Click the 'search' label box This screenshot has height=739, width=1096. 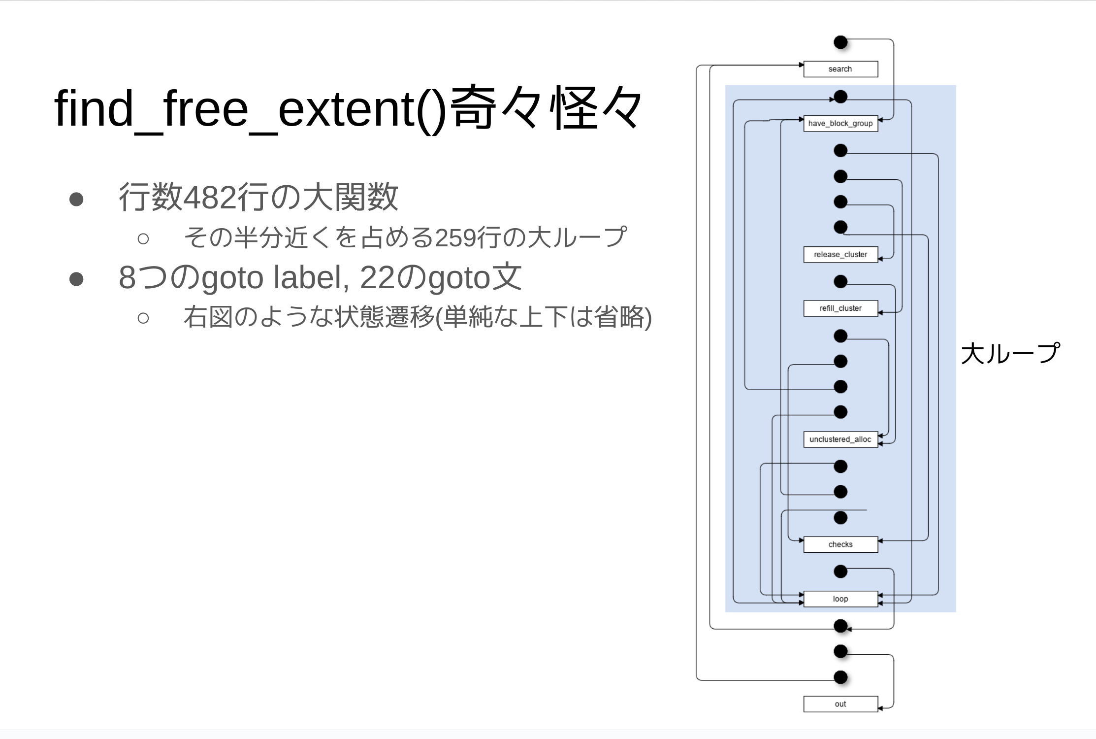tap(840, 69)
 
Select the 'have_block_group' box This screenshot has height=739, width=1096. tap(840, 123)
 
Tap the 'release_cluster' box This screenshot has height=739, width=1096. tap(840, 254)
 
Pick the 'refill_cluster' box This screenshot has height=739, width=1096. tap(840, 308)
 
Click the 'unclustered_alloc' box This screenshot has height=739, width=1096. tap(840, 439)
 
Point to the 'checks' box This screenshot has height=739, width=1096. tap(840, 544)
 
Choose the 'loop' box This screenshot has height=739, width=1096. tap(840, 599)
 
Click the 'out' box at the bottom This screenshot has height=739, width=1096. tap(840, 704)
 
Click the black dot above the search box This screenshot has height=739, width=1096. tap(840, 42)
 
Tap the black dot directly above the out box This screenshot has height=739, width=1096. tap(840, 677)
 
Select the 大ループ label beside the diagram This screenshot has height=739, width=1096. tap(1009, 353)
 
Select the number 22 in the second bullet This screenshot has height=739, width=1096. tap(377, 277)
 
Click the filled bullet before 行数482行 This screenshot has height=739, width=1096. tap(76, 199)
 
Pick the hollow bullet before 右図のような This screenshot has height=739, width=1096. tap(143, 318)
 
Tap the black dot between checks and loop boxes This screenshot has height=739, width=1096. tap(840, 571)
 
